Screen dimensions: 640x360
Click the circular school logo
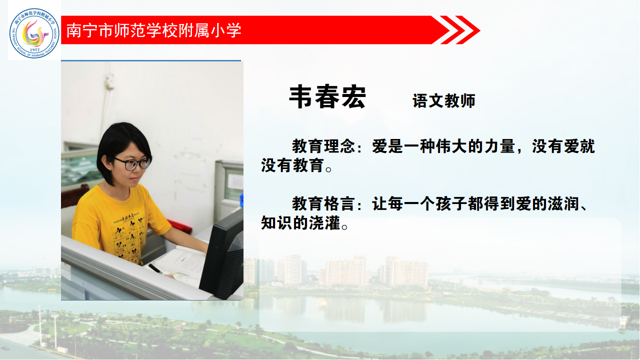pos(34,33)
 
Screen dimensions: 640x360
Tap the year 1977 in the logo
pos(34,49)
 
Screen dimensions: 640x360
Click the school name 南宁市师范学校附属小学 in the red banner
pos(153,30)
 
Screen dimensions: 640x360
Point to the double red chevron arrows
pos(460,30)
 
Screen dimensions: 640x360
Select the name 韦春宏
pos(327,96)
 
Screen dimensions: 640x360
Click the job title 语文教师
pos(443,100)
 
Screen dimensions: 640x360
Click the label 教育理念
pos(323,146)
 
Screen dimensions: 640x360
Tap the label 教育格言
pos(323,203)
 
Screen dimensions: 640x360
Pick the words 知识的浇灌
pos(300,223)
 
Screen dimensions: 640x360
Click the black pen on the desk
pos(155,269)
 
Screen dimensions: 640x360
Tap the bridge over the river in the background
pos(485,280)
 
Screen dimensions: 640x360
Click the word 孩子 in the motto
pos(451,203)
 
